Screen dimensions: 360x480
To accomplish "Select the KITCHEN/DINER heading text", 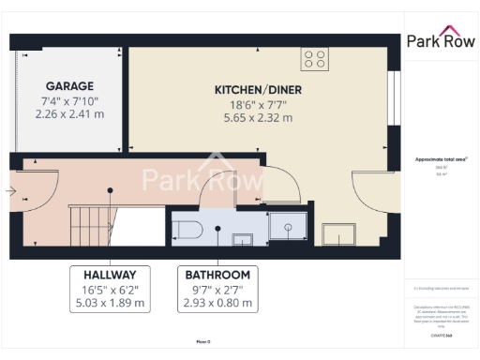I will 257,89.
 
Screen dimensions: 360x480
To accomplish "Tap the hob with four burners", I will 315,59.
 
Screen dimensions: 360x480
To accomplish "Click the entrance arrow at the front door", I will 10,191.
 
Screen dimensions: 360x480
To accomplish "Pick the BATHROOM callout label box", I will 217,289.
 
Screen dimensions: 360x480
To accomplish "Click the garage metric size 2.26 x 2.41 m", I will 69,114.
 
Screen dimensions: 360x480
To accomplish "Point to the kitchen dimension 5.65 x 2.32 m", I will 257,118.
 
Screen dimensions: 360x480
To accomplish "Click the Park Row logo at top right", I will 440,40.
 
